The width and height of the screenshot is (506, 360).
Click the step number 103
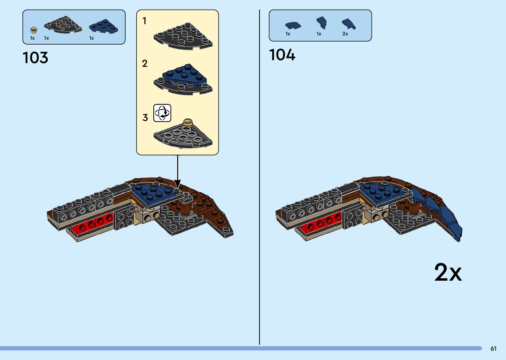tap(35, 58)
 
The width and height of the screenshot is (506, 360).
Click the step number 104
tap(282, 55)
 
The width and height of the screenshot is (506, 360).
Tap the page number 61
tap(493, 348)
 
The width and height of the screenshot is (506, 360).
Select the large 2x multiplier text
tap(448, 272)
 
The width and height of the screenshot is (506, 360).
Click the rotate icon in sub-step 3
tap(162, 113)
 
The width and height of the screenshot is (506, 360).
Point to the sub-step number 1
tap(144, 21)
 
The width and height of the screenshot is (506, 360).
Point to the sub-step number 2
tap(145, 63)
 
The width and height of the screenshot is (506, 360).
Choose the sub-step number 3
tap(145, 118)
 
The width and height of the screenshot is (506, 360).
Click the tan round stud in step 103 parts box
tap(33, 30)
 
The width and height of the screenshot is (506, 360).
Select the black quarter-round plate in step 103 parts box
tap(63, 25)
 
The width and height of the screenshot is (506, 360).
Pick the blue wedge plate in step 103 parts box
tap(104, 26)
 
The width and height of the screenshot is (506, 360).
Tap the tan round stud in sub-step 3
tap(188, 122)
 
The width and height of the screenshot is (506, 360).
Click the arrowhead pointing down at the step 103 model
tap(177, 183)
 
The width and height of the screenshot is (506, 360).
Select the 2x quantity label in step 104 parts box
tap(345, 34)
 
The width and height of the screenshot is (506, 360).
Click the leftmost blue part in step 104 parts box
tap(293, 25)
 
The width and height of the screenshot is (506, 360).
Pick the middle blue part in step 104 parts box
tap(322, 23)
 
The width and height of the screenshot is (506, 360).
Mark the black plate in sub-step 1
tap(183, 36)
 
